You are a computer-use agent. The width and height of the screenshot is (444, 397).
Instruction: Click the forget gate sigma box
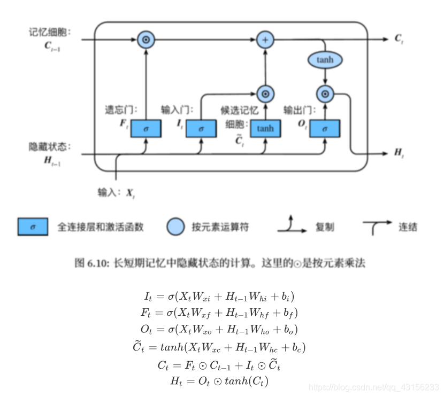(146, 128)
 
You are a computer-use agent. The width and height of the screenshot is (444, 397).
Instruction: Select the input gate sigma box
(201, 128)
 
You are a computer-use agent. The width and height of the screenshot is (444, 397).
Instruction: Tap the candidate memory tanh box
(265, 128)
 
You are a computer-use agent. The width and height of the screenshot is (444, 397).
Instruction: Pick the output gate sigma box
(325, 128)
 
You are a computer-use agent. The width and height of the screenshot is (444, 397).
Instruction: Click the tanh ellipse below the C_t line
(325, 60)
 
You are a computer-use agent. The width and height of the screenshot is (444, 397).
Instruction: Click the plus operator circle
(265, 39)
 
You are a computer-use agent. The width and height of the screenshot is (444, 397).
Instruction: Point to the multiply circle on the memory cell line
(146, 39)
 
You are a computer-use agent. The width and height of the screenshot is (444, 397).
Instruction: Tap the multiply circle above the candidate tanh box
(265, 95)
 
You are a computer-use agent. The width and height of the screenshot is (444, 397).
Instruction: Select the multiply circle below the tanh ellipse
(325, 95)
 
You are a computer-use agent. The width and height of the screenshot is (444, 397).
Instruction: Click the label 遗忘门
(120, 110)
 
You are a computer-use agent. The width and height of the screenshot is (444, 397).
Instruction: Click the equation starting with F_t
(222, 312)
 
